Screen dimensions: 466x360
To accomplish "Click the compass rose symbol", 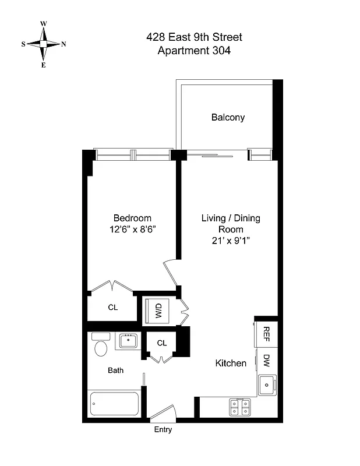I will (x=44, y=44).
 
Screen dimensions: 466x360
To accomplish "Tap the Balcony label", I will (x=228, y=117).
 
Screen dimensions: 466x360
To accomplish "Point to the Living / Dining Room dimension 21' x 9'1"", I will (x=231, y=241).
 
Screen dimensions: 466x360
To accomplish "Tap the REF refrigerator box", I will (x=266, y=333).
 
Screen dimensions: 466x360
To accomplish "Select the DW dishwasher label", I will (x=266, y=360).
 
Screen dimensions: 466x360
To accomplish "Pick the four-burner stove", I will (x=239, y=406).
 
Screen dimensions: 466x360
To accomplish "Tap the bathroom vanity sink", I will (x=128, y=340).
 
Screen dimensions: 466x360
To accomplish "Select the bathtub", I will (x=115, y=403).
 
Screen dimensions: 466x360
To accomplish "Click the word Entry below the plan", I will (x=163, y=430).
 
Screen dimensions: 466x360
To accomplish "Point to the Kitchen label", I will (x=231, y=363).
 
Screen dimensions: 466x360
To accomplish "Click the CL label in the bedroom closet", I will (x=113, y=307).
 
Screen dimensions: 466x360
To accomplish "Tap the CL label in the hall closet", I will (x=161, y=343).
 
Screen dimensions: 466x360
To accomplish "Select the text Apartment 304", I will (x=194, y=51).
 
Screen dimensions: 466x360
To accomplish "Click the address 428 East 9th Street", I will (x=194, y=37).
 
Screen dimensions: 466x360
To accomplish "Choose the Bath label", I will (x=115, y=370).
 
